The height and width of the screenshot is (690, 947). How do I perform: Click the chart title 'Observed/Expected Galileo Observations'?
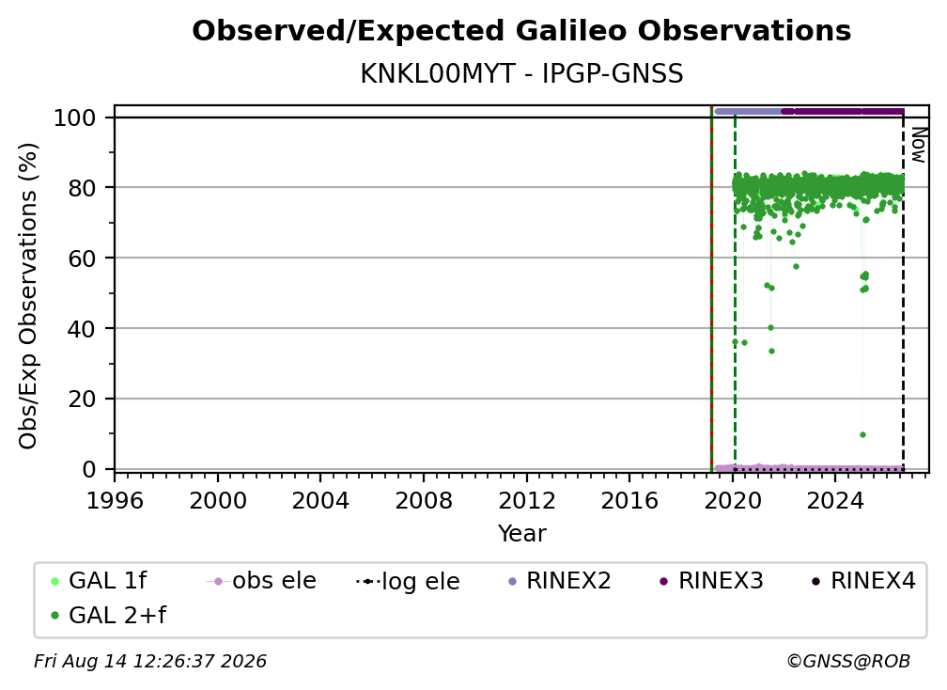tap(521, 31)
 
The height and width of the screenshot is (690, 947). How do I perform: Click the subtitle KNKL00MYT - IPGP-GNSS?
tap(521, 74)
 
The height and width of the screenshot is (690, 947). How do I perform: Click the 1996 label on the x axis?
tap(115, 500)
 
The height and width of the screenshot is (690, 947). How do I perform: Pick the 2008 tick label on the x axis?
tap(424, 500)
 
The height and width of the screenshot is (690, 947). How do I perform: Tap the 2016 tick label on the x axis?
tap(629, 500)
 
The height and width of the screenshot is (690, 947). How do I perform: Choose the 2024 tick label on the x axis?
tap(835, 500)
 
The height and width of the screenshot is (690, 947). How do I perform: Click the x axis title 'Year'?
tap(521, 534)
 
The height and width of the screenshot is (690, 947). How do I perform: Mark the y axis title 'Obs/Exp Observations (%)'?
tap(28, 296)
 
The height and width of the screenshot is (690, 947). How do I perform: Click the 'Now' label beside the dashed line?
tap(918, 145)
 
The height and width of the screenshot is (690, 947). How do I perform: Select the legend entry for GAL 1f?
tap(100, 581)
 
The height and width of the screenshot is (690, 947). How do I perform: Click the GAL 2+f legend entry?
tap(109, 616)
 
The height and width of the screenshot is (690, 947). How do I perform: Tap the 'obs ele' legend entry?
tap(261, 581)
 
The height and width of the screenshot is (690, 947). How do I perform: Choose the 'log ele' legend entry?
tap(409, 581)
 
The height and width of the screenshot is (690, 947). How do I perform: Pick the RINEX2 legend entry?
tap(561, 581)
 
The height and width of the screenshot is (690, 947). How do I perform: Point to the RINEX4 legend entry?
tap(864, 581)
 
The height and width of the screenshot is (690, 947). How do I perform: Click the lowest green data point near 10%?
tap(862, 435)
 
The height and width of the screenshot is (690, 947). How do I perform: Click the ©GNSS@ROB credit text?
tap(848, 662)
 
